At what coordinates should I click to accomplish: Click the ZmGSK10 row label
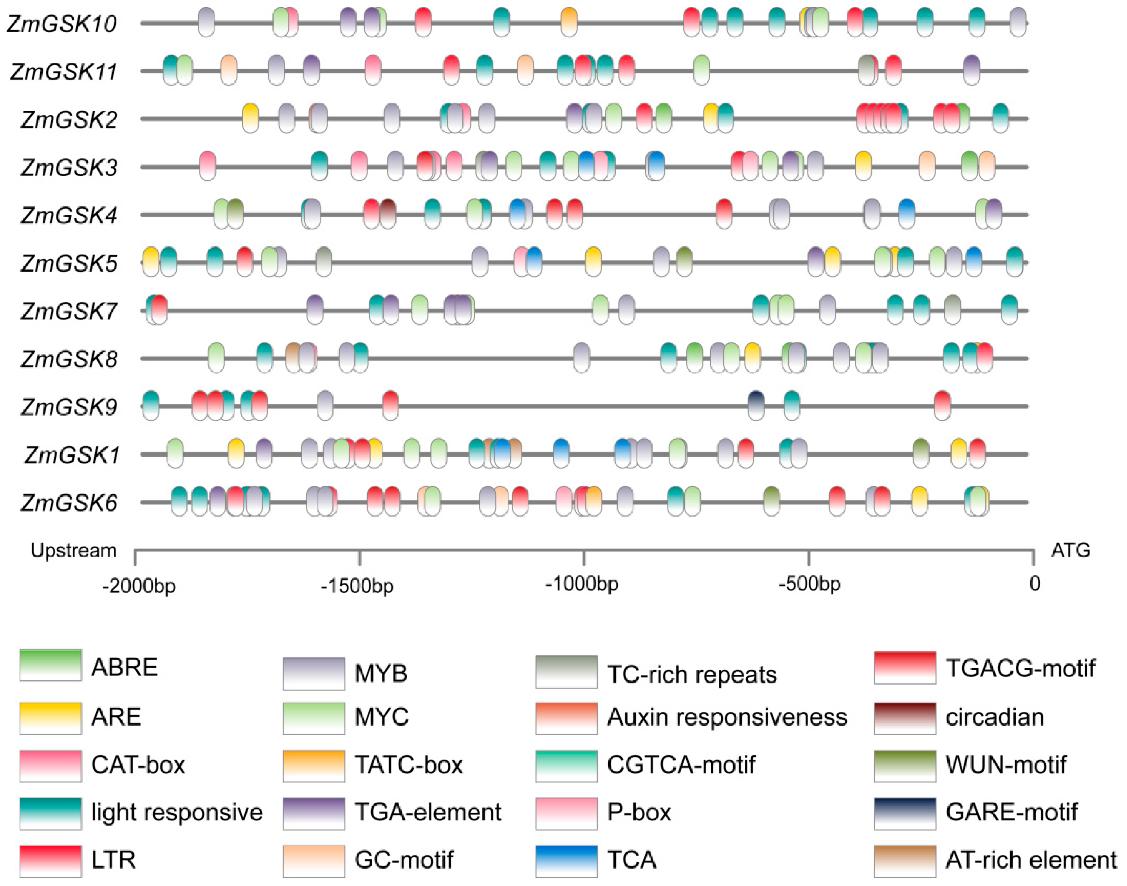pyautogui.click(x=61, y=24)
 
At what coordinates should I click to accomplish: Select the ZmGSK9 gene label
pyautogui.click(x=69, y=407)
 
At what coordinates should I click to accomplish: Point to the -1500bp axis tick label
pyautogui.click(x=357, y=586)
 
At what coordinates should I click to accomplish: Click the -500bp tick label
pyautogui.click(x=809, y=585)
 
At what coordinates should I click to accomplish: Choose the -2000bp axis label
pyautogui.click(x=139, y=586)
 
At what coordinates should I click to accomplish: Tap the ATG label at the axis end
pyautogui.click(x=1070, y=550)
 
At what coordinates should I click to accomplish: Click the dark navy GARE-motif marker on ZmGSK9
pyautogui.click(x=756, y=405)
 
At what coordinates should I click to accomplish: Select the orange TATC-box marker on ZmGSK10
pyautogui.click(x=569, y=22)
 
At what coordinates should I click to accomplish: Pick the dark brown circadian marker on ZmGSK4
pyautogui.click(x=388, y=213)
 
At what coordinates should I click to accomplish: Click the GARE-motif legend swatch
pyautogui.click(x=904, y=813)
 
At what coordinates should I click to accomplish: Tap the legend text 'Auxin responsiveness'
pyautogui.click(x=727, y=717)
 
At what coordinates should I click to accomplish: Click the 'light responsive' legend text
pyautogui.click(x=176, y=813)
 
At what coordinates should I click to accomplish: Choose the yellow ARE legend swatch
pyautogui.click(x=50, y=718)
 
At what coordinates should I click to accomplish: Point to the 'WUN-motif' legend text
pyautogui.click(x=1006, y=765)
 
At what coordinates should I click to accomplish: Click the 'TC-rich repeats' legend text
pyautogui.click(x=692, y=675)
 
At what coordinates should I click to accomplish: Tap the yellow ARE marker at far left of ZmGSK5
pyautogui.click(x=151, y=261)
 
